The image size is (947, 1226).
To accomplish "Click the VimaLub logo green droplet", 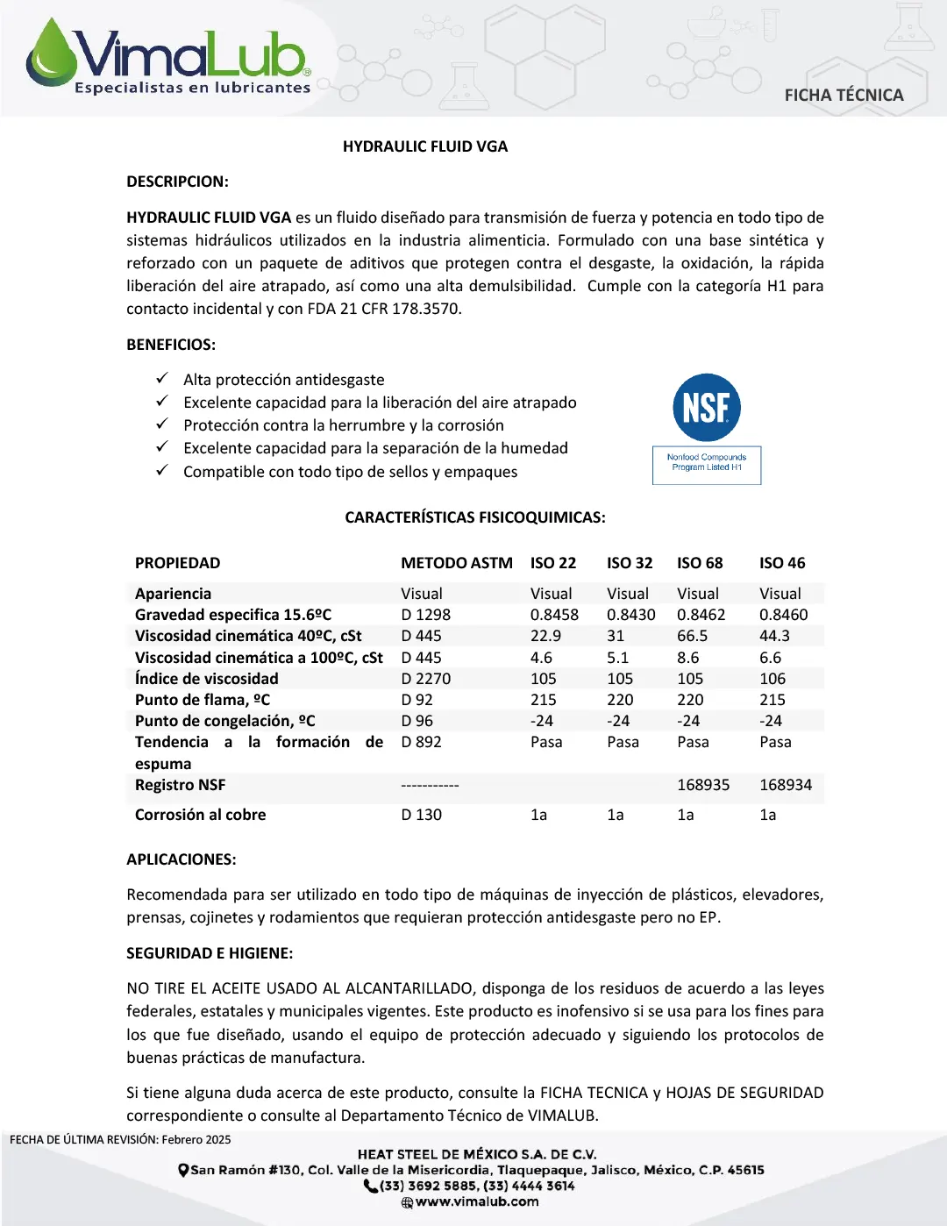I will click(51, 54).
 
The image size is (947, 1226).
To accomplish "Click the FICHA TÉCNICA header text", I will click(844, 95).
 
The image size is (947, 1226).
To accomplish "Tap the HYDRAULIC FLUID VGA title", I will click(425, 146).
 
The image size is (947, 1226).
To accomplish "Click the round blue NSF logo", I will click(707, 408).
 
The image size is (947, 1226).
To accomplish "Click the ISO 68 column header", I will click(700, 563).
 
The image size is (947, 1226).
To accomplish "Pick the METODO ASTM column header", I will click(457, 563).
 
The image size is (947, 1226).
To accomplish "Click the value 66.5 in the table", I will click(692, 636).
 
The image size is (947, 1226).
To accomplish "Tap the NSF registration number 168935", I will click(703, 785).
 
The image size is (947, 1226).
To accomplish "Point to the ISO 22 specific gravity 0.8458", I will click(554, 615).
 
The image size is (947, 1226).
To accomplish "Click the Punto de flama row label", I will click(203, 700).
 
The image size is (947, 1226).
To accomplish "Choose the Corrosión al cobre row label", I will click(200, 815).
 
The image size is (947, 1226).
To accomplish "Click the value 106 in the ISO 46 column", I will click(773, 679).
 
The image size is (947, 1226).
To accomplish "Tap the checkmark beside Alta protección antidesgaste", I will click(162, 379).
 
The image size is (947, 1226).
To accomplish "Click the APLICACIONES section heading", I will click(182, 859).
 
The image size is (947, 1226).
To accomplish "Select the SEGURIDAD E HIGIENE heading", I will click(210, 953).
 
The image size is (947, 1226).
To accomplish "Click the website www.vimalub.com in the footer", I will click(477, 1201).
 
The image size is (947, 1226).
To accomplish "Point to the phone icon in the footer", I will click(371, 1186).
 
